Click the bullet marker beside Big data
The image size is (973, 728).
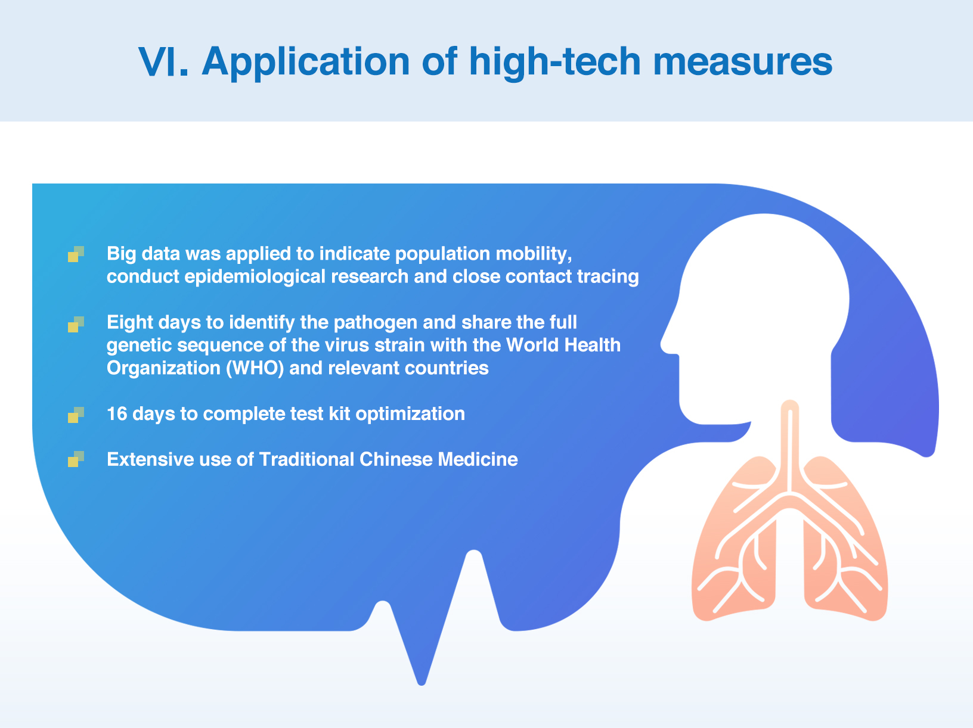click(76, 254)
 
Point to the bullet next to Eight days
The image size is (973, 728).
click(76, 324)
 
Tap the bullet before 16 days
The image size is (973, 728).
click(76, 415)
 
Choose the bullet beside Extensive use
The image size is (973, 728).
click(76, 459)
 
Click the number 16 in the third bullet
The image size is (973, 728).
click(117, 413)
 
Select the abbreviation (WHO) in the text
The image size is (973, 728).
click(255, 368)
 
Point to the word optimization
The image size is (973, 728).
click(410, 414)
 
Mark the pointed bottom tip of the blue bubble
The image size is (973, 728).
click(422, 684)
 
